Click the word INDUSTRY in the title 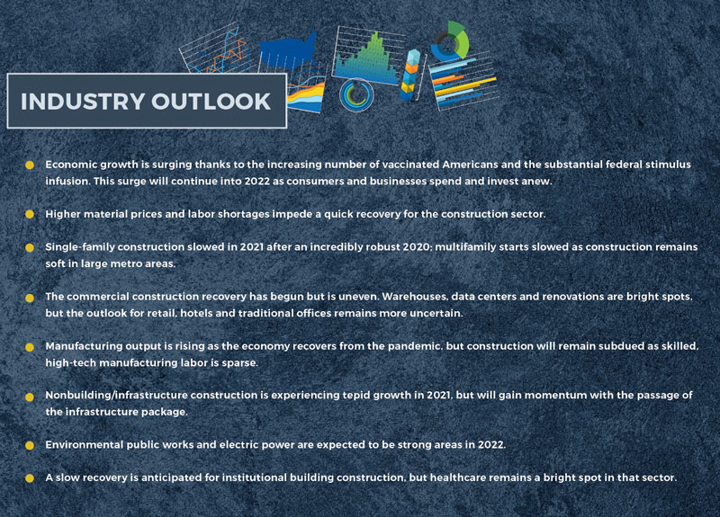[83, 102]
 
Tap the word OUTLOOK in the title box [211, 102]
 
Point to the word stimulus [668, 165]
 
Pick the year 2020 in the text [417, 246]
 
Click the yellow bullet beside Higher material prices [30, 214]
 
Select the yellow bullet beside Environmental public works [30, 445]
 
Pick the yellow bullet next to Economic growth [30, 165]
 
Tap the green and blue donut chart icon [451, 40]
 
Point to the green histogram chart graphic [366, 58]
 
